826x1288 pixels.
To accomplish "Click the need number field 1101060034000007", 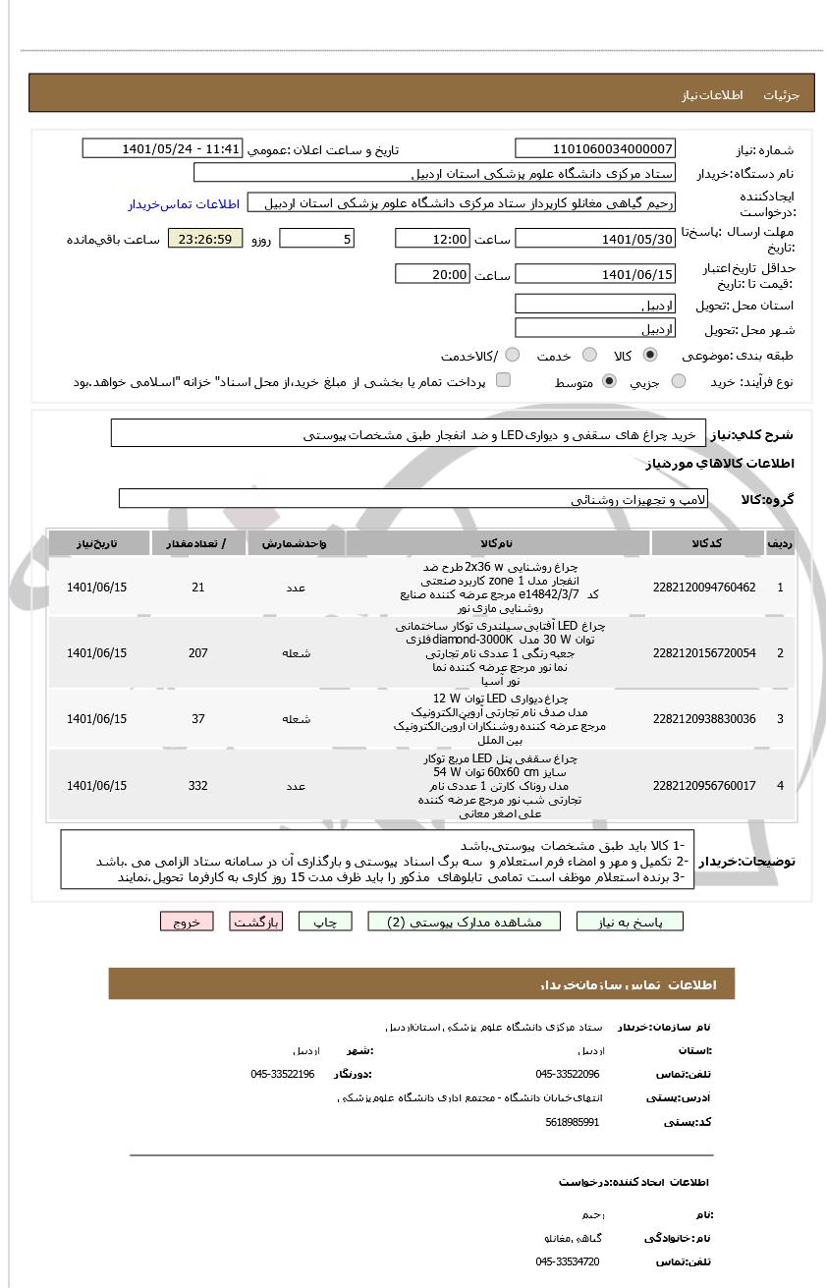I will pos(595,149).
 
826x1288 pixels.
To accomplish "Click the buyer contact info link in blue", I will pos(184,204).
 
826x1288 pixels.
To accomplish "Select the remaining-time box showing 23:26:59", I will pos(205,239).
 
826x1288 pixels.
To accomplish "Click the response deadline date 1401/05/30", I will pos(595,239).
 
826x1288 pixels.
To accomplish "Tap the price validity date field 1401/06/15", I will pos(595,275).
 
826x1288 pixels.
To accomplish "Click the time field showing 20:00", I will pos(432,275).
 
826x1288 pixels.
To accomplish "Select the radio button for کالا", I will pos(650,356).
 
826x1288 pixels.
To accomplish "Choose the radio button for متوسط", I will pos(609,381).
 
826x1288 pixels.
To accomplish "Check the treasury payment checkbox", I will pos(503,380).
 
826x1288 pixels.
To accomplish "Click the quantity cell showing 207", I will pos(198,653).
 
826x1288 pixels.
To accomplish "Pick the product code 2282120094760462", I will pos(704,588).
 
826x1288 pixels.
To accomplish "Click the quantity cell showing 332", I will pos(198,786).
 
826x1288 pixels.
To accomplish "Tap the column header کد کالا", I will pos(707,543).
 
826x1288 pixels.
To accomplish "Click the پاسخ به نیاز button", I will pos(630,922).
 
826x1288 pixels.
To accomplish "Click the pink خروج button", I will pos(187,922).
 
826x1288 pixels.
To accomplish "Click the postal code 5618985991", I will pos(572,1122).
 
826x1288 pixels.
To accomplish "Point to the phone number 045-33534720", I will pos(567,1261).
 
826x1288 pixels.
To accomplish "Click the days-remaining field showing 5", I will pos(316,239).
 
